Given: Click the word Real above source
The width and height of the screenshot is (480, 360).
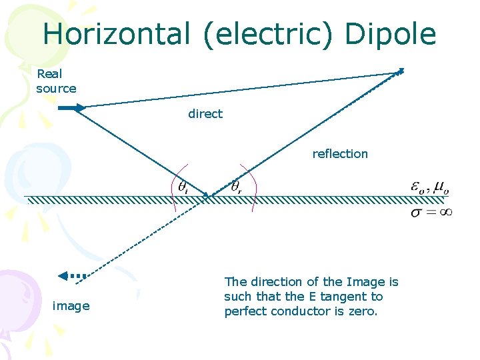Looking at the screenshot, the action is (49, 74).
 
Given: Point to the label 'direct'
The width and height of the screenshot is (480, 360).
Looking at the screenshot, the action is (205, 114).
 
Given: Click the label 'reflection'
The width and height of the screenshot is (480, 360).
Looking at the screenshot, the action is (340, 154).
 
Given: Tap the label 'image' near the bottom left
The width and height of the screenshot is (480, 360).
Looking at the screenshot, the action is (71, 306).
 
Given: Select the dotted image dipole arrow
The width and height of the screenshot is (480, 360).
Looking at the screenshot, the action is (72, 275).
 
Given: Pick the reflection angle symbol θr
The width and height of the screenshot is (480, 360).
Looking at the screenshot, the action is (236, 186).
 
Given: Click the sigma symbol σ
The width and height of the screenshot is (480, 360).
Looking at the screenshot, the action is (417, 213).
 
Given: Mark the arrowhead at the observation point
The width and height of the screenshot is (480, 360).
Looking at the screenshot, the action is (400, 71).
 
